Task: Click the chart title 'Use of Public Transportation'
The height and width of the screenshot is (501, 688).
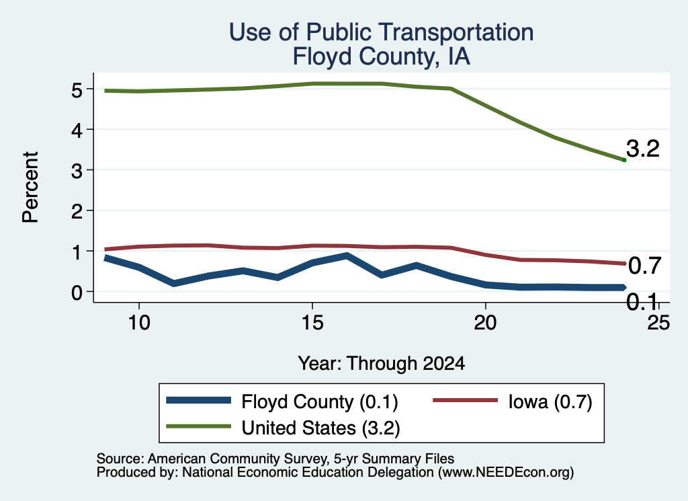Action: [x=382, y=32]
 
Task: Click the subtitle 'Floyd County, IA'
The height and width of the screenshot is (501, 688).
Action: [x=382, y=56]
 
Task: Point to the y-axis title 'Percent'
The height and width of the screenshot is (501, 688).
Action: [x=31, y=187]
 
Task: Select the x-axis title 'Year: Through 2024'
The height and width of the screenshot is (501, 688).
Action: [x=382, y=364]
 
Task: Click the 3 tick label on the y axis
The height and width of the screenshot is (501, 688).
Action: [x=77, y=170]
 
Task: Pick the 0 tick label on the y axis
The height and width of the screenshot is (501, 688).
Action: [x=77, y=292]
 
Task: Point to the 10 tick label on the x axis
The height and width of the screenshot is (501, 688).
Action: [x=139, y=323]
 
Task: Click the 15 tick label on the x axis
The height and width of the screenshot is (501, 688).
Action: [x=312, y=323]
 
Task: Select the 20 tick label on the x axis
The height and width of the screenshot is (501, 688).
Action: [x=485, y=323]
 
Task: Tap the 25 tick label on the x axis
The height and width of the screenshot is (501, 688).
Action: [x=658, y=323]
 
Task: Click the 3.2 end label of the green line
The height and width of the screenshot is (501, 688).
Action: [x=643, y=149]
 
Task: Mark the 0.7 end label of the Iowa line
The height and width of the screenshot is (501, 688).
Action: [x=644, y=266]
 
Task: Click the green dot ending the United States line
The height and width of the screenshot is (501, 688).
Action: [x=624, y=160]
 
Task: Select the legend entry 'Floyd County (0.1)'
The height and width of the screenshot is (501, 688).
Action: [x=282, y=401]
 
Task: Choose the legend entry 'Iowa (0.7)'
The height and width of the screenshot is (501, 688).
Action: [x=513, y=401]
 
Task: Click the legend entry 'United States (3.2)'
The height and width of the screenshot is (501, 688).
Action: [x=283, y=428]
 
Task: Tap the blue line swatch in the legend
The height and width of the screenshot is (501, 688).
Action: [x=198, y=400]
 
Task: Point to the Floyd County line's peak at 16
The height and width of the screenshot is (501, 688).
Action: [x=347, y=256]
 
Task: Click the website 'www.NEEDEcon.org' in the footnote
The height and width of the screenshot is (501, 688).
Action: [x=506, y=473]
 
